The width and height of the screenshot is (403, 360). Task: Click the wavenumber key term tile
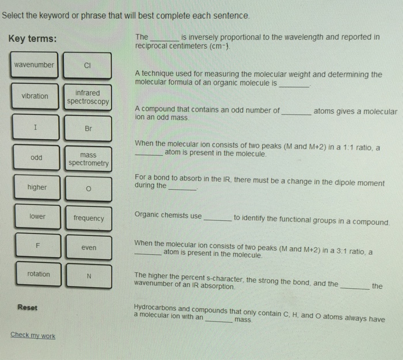(x=35, y=65)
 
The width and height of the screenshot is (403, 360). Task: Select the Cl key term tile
(x=87, y=66)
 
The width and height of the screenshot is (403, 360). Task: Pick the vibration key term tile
(x=35, y=96)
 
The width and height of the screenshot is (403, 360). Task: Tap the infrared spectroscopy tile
(x=88, y=97)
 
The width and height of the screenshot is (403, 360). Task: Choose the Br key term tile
(x=88, y=128)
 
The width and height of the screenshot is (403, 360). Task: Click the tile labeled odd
(x=36, y=157)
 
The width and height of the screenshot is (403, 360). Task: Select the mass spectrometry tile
(x=88, y=159)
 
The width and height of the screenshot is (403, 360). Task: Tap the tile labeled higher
(x=37, y=187)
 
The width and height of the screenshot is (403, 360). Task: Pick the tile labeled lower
(x=37, y=217)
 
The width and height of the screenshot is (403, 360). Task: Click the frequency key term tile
(x=89, y=219)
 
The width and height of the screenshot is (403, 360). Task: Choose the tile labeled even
(x=89, y=247)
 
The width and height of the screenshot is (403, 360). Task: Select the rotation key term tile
(x=39, y=274)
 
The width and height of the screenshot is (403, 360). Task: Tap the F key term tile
(x=38, y=246)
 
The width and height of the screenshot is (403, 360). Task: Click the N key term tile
(x=89, y=275)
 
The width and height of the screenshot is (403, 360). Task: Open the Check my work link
(x=33, y=335)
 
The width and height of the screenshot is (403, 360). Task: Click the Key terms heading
(x=32, y=39)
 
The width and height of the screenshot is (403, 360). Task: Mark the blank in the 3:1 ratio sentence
(x=148, y=253)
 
